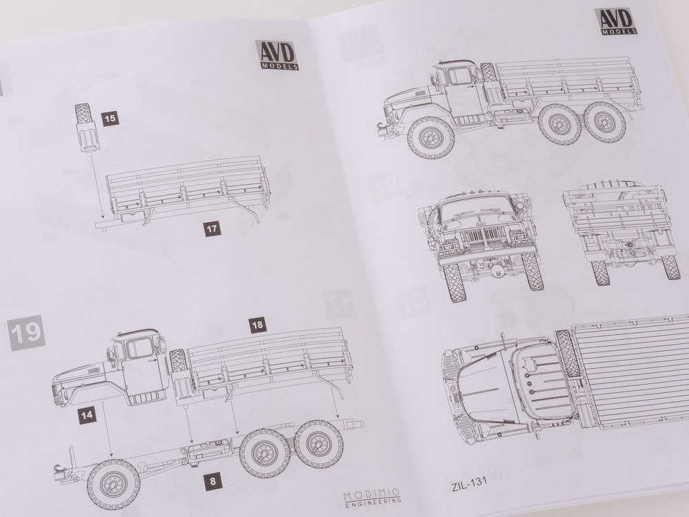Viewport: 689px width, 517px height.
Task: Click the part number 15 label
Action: [110, 119]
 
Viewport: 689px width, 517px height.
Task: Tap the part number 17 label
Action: [212, 229]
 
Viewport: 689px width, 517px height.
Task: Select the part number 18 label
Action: [258, 325]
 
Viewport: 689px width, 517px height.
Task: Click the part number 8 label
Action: [213, 481]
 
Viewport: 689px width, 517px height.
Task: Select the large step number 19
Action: [26, 333]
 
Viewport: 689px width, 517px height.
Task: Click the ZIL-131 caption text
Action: [469, 481]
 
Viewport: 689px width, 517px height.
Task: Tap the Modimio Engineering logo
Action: [372, 497]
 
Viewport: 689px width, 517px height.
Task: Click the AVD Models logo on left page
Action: [277, 55]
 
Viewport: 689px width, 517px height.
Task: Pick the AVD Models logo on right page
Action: [615, 21]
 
